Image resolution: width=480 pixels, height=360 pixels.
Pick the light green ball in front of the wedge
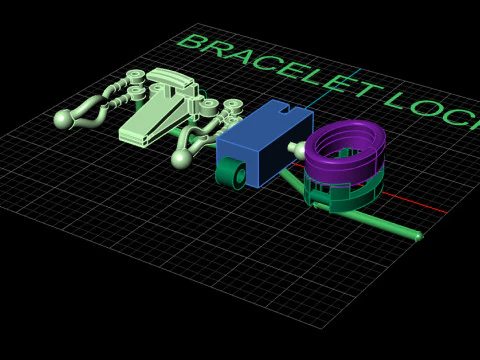(x=181, y=158)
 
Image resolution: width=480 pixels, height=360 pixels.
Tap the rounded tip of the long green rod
(x=418, y=236)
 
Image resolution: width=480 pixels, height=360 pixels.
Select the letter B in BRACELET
(x=194, y=42)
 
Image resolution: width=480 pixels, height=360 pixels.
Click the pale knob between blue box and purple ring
(x=298, y=150)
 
